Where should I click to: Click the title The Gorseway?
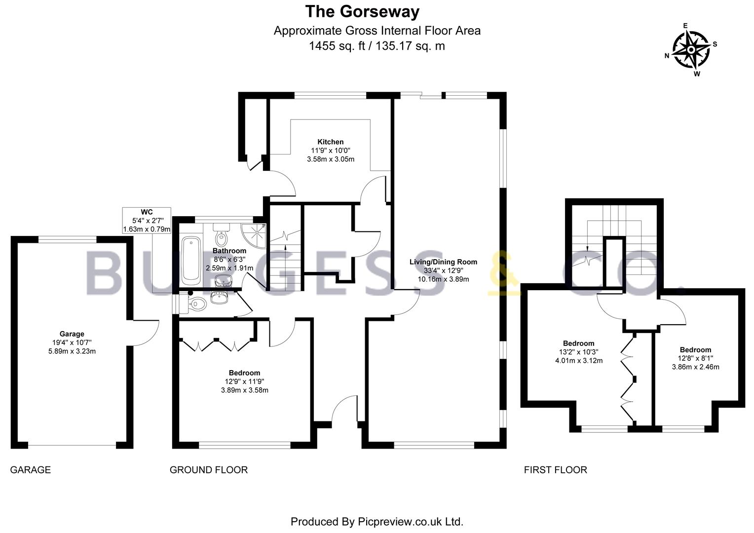click(362, 12)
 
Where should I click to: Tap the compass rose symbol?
click(691, 50)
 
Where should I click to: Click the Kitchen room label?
click(331, 142)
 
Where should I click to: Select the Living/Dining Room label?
click(443, 262)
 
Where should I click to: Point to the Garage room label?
click(72, 334)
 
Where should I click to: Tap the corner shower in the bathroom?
click(254, 236)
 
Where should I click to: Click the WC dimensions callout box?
click(147, 221)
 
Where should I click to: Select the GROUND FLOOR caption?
click(209, 470)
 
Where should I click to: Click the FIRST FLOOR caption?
click(556, 470)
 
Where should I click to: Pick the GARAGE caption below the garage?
click(30, 470)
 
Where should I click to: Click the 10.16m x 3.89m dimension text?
click(443, 279)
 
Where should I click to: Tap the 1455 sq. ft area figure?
click(337, 46)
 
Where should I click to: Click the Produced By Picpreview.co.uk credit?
click(377, 522)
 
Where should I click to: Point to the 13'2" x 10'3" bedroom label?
click(579, 352)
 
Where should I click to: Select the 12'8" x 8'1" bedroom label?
click(695, 358)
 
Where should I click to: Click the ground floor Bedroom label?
click(244, 373)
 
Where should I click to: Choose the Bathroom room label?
click(229, 251)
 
